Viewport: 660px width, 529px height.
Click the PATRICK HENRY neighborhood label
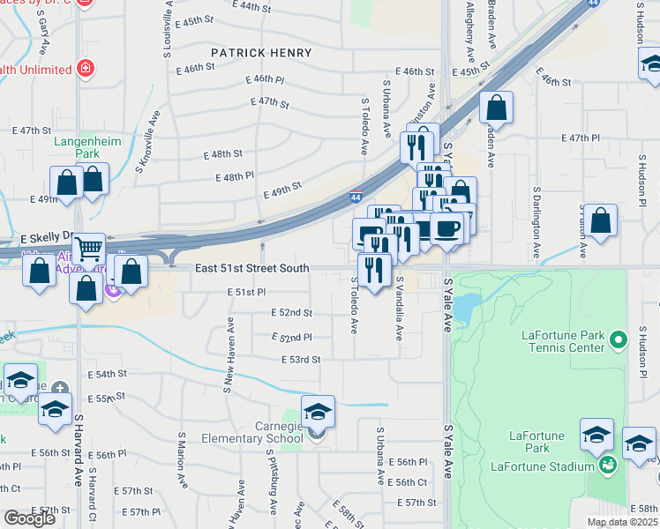[261, 53]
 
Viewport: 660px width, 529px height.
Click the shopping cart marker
[88, 250]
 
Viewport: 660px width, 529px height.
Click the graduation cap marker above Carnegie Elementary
[318, 412]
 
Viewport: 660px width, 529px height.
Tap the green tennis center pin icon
[619, 339]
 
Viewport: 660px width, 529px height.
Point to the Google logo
[29, 518]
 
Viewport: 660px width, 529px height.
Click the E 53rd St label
[300, 360]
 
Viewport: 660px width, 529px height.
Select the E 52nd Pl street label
[292, 337]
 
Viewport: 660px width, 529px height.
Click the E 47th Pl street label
[581, 138]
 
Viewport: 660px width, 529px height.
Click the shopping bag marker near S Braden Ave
[497, 108]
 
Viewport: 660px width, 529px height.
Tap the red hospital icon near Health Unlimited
[86, 68]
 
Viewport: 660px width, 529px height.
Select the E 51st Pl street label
[246, 292]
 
